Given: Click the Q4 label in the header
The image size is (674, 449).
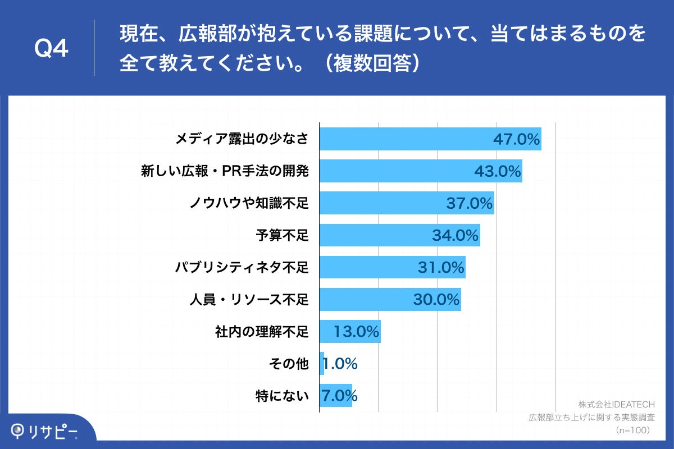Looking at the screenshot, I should (51, 49).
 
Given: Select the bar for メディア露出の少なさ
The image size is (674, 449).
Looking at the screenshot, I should (404, 139).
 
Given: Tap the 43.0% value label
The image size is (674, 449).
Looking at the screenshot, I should (498, 171).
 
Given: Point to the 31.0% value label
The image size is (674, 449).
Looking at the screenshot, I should (441, 267).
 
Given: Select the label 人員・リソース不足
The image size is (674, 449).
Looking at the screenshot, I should (248, 299).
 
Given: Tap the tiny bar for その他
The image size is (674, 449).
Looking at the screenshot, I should (322, 364).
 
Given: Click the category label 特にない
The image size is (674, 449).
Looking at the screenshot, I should (282, 396).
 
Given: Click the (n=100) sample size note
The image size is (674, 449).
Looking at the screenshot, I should (632, 430).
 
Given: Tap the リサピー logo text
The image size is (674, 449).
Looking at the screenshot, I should (54, 430).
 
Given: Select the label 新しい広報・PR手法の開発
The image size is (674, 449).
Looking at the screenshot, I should (225, 171).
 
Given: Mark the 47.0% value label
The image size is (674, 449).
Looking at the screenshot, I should (516, 139).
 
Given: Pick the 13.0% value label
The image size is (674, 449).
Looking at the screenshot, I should (356, 332).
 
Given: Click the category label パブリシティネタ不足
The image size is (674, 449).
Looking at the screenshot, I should (242, 267).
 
